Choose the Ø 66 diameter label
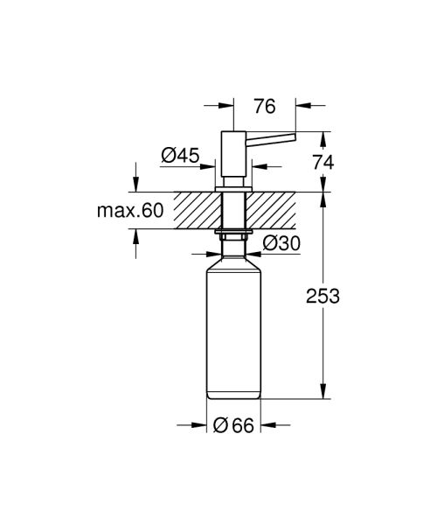233,426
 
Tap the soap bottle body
233,332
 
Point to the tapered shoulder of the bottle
233,261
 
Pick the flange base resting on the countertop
232,187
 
